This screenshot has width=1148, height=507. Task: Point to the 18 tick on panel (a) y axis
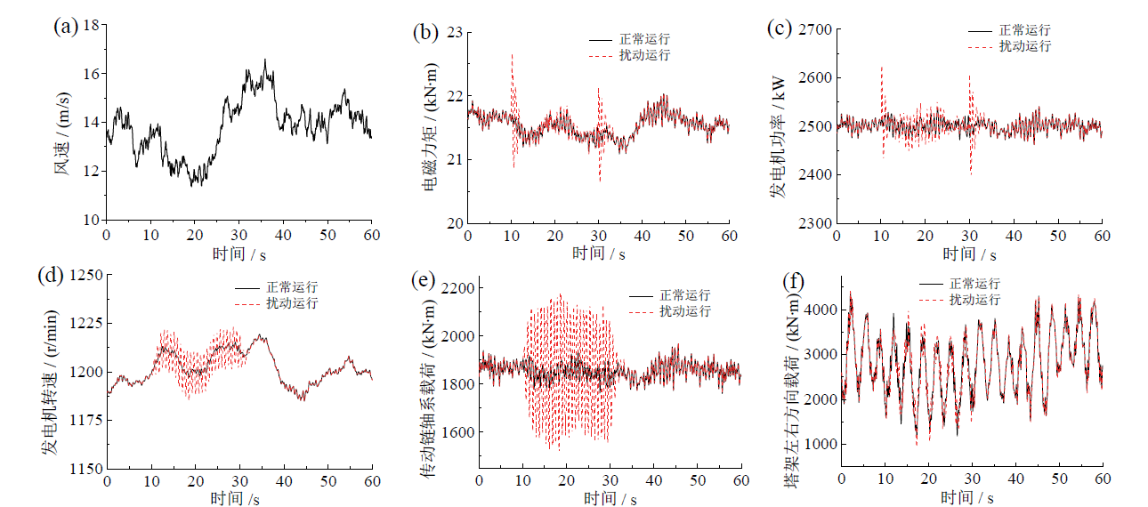[90, 25]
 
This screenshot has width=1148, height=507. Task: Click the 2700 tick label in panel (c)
[807, 30]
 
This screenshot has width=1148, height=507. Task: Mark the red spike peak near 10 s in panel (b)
[512, 54]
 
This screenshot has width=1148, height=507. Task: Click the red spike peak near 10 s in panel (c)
[881, 67]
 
